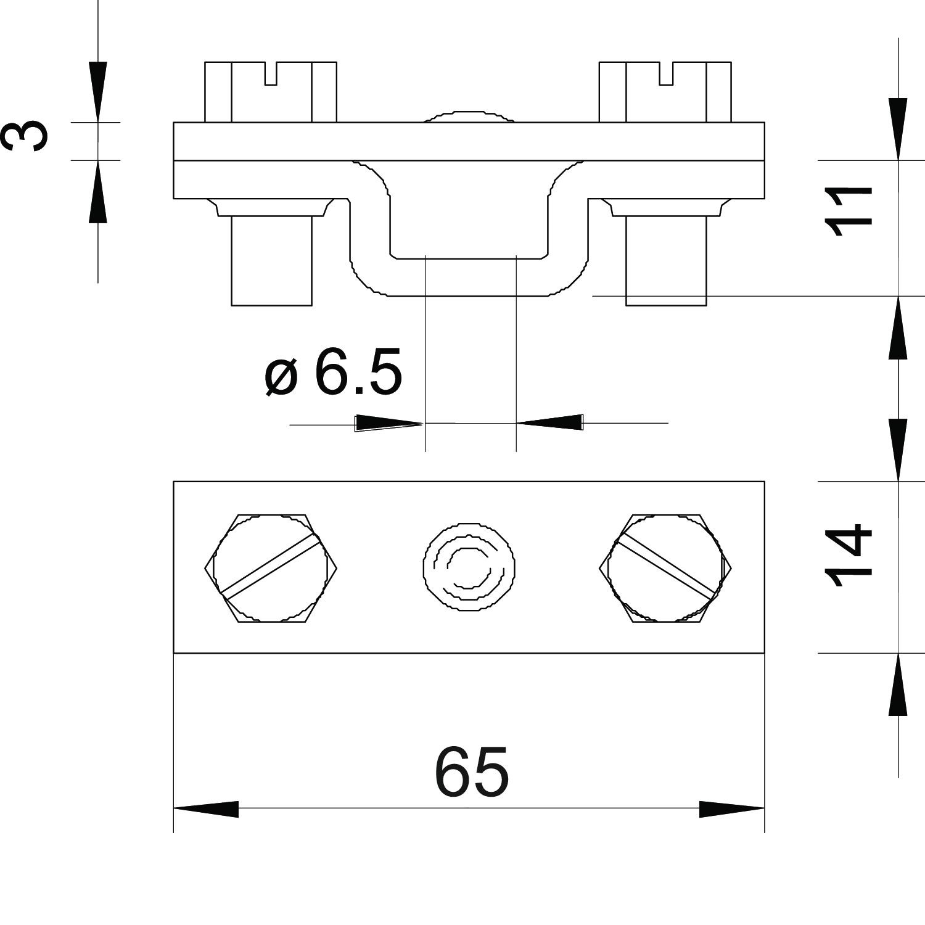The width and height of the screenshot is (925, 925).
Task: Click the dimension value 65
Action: (472, 771)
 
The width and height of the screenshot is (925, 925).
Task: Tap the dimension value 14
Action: (849, 555)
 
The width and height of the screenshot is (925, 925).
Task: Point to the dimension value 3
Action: (24, 136)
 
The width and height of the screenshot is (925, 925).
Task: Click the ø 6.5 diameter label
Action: (333, 372)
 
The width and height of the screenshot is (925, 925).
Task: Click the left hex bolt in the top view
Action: (271, 567)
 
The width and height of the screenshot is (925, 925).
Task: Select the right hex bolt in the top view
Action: (665, 567)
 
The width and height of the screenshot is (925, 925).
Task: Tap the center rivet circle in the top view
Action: (469, 567)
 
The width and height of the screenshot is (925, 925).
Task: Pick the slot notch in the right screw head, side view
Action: (665, 73)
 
